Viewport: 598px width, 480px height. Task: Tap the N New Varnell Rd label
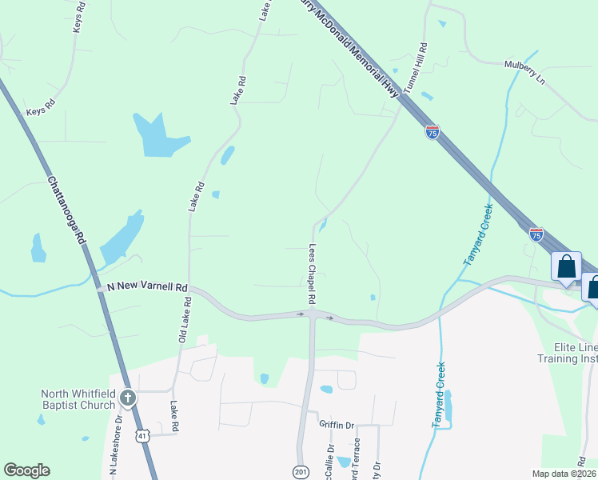pos(142,287)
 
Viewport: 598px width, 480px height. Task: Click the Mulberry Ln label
pos(524,66)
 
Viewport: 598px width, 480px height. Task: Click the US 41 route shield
pos(142,435)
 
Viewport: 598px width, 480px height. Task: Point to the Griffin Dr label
pos(337,424)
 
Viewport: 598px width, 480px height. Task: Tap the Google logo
pos(26,470)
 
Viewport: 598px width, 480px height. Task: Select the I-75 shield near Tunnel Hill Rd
pos(433,132)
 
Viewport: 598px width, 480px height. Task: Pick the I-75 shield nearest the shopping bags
pos(536,234)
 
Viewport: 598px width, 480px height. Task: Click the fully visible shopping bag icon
pos(566,267)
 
